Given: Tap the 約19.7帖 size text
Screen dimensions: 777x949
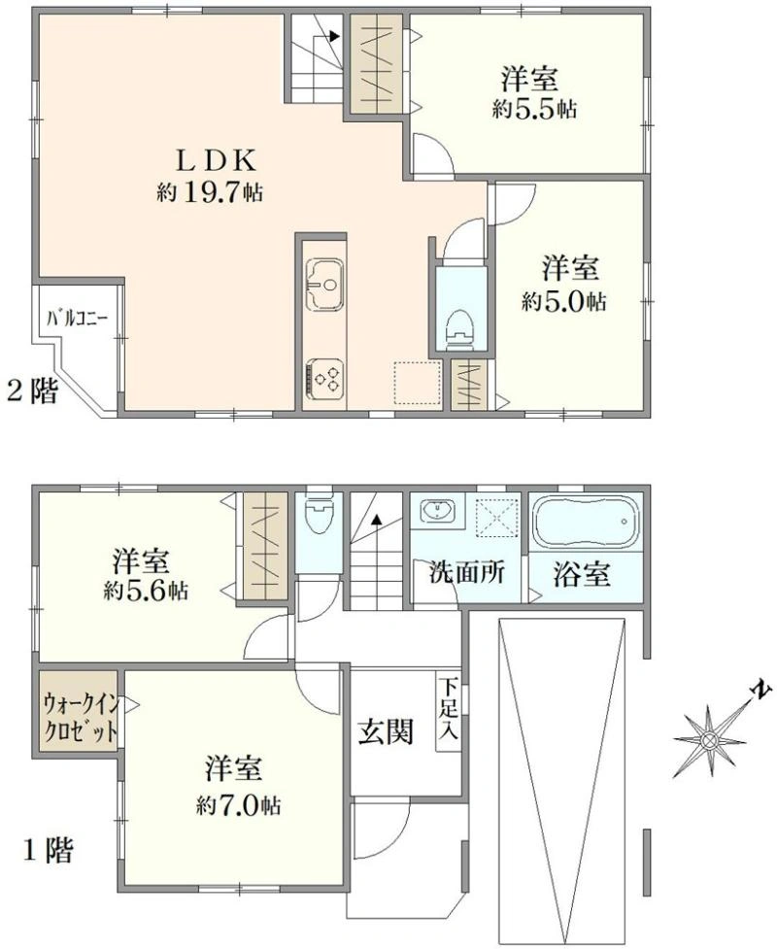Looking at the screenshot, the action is [x=210, y=192].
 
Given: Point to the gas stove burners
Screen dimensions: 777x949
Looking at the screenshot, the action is [x=325, y=379].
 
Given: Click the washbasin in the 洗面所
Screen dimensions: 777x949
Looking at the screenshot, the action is [x=437, y=512].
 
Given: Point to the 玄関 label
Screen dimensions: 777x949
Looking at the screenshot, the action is [x=386, y=731].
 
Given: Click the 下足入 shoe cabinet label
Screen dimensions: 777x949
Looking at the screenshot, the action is [x=449, y=709].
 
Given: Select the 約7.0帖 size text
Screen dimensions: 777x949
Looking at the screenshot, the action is [x=238, y=805].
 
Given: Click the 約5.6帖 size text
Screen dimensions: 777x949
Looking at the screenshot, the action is [x=146, y=591].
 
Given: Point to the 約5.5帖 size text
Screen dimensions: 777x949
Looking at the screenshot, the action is [x=534, y=109].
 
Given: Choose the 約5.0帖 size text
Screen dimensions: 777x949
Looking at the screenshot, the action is [x=564, y=301].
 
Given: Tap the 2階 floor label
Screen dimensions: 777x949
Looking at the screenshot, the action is [x=33, y=391].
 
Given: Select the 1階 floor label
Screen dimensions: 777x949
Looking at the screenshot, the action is [x=49, y=851].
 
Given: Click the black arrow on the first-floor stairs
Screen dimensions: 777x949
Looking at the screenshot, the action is [x=377, y=519].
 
